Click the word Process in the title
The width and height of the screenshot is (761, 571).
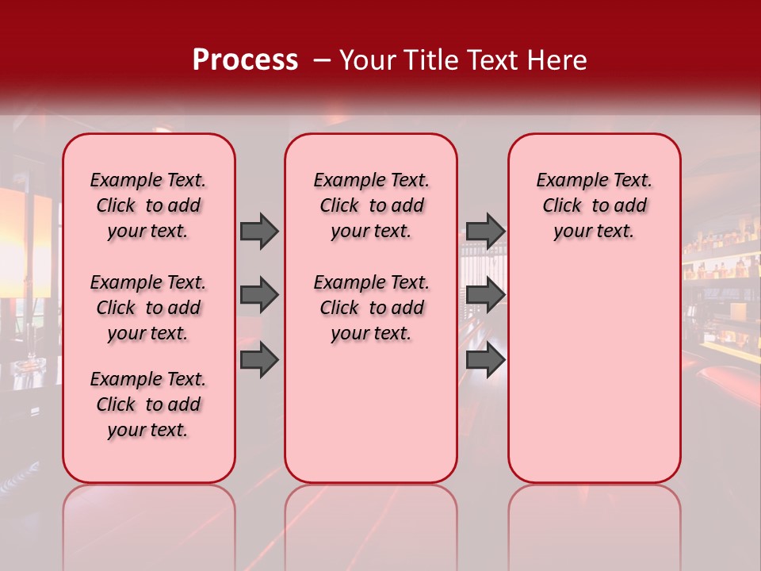pyautogui.click(x=245, y=60)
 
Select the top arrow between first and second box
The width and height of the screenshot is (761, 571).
pyautogui.click(x=258, y=231)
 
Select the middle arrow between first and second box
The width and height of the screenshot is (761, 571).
pyautogui.click(x=258, y=295)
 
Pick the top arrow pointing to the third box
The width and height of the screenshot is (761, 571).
pyautogui.click(x=485, y=231)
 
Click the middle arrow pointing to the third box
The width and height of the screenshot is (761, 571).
pyautogui.click(x=485, y=295)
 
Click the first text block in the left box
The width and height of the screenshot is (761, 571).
pyautogui.click(x=148, y=205)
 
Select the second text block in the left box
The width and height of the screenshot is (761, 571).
pyautogui.click(x=148, y=308)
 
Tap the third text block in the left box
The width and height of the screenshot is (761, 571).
pyautogui.click(x=148, y=404)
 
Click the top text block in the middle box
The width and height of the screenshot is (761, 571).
pyautogui.click(x=371, y=205)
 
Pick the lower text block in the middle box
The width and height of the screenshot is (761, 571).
pyautogui.click(x=371, y=308)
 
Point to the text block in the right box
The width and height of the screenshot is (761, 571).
pyautogui.click(x=595, y=205)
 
